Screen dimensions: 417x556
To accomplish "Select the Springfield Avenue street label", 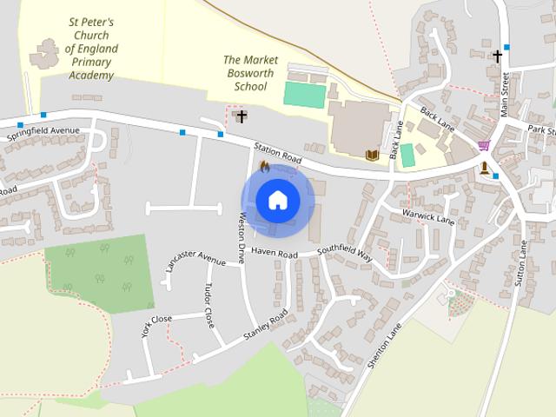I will (x=43, y=136).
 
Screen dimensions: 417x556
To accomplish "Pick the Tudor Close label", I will (x=209, y=305).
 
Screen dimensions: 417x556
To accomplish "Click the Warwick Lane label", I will (x=428, y=215).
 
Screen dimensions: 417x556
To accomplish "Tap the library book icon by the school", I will (x=373, y=155).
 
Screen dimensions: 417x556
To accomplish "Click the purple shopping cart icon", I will (x=483, y=146).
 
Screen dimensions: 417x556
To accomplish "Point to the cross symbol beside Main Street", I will (x=497, y=56).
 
